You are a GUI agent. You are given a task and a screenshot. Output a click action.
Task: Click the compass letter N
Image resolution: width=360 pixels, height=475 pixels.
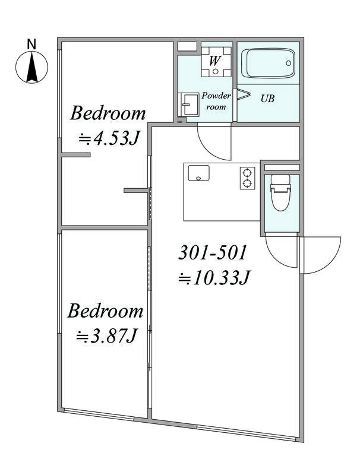pos(31,44)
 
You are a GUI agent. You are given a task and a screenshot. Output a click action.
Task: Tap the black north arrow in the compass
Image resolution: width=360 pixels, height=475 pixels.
pos(32,67)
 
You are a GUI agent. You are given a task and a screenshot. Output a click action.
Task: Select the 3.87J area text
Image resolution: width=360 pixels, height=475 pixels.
pos(107,336)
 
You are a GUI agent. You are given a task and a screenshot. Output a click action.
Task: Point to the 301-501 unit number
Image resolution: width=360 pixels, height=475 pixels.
pos(213,253)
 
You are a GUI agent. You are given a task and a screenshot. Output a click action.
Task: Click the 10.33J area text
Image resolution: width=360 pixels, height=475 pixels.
pos(214,278)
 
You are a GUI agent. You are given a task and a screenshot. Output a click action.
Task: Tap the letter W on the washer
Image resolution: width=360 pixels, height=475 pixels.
pos(214,61)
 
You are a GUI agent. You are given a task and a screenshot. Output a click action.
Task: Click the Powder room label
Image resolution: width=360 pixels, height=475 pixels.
pos(216,101)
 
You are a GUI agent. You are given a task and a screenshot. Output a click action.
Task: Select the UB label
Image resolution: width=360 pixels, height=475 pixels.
pos(267,99)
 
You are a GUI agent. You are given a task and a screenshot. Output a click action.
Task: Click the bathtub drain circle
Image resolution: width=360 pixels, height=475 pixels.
pos(289,63)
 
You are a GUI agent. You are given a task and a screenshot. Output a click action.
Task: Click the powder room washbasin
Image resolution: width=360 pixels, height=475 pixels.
pos(188,104)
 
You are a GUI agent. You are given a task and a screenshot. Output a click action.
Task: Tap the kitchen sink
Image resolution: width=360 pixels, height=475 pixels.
pos(198,173)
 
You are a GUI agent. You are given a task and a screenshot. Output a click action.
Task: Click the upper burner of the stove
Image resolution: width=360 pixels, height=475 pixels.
pos(248,173)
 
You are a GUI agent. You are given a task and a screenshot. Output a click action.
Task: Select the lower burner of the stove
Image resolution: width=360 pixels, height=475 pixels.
pos(248,183)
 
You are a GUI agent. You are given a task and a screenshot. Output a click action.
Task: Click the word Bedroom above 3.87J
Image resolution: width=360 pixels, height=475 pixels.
pos(105,311)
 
